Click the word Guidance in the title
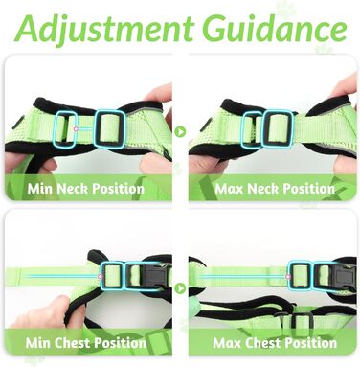pos(274,27)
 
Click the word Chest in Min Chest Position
pos(72,343)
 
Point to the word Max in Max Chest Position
pos(227,343)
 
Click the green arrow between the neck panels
pos(180,131)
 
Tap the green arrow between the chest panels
pos(180,288)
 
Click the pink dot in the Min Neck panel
pos(76,129)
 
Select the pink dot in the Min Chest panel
pos(100,276)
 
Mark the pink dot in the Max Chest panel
pos(288,277)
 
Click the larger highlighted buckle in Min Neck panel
pos(110,129)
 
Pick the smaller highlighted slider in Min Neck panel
pos(65,128)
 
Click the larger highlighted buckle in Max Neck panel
pos(277,128)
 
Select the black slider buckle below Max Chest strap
pos(294,325)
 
